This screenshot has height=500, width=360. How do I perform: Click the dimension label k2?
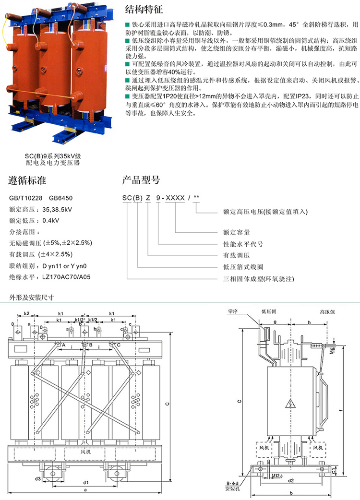(27, 313)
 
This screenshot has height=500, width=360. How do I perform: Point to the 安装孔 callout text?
(232, 489)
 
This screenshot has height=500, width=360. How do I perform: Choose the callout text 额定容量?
(237, 232)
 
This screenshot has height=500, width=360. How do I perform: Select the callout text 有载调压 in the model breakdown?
(237, 255)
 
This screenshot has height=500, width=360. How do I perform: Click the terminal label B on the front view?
(90, 344)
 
